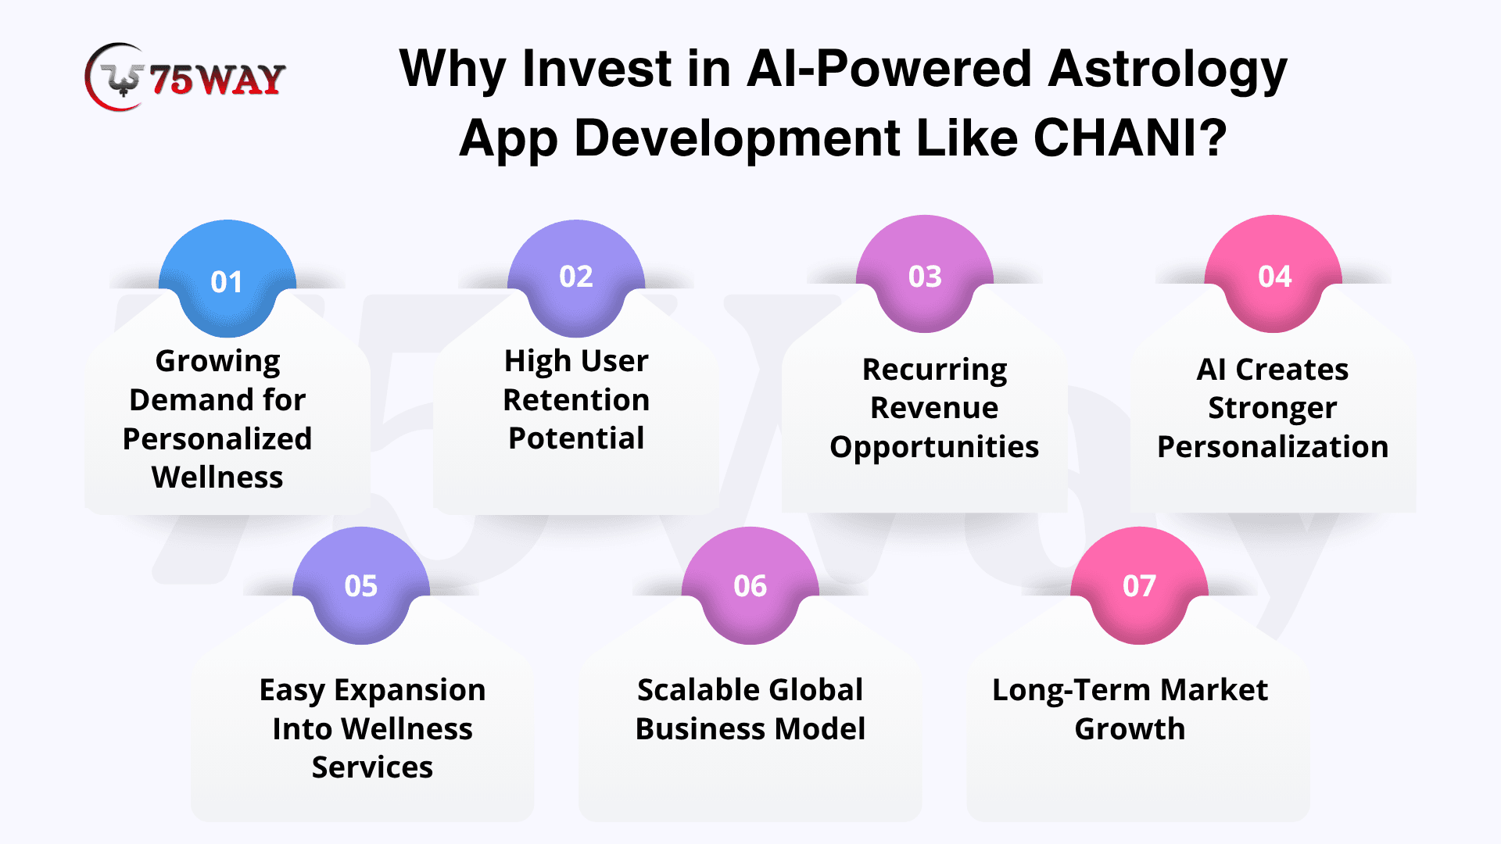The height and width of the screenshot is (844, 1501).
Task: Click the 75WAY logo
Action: coord(185,77)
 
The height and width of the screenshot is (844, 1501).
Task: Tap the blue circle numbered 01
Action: coord(227,278)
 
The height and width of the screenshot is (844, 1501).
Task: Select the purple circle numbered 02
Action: coord(576,278)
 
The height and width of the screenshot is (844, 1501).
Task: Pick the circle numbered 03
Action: coord(925,274)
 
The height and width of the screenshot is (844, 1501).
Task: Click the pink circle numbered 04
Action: coord(1274,274)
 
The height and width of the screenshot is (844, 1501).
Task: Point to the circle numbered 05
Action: coord(361,585)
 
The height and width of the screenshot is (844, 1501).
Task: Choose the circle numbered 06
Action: coord(750,585)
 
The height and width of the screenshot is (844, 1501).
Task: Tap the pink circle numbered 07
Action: coord(1139,585)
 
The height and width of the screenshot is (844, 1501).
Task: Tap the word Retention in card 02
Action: coord(576,399)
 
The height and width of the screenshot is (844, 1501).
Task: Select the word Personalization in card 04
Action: coord(1273,447)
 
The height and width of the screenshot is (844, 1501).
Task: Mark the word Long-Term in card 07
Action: coord(1072,691)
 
